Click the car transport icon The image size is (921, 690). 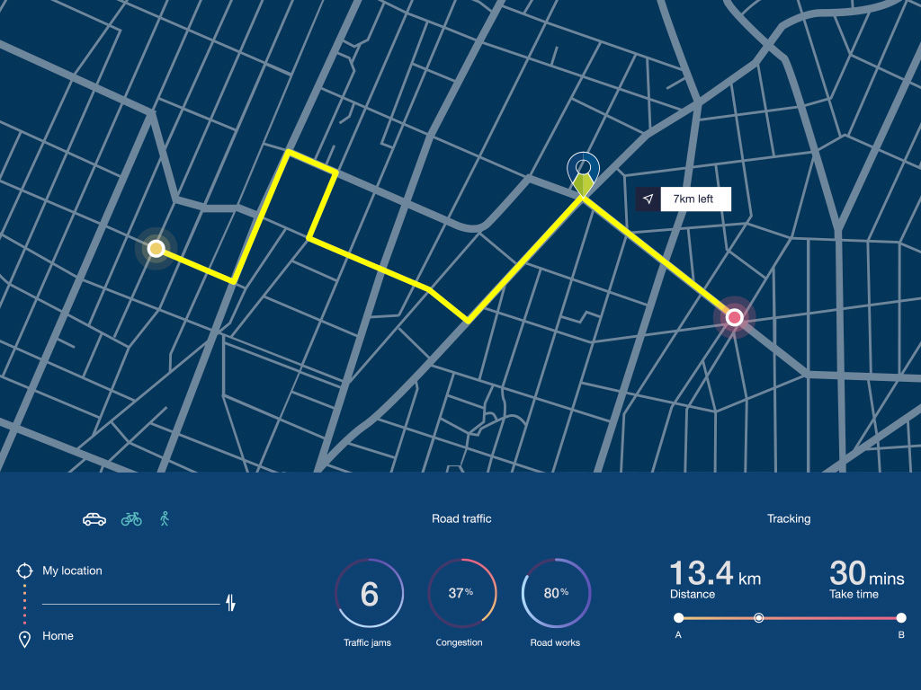94,519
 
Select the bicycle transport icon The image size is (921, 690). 131,518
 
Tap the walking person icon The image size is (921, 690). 165,518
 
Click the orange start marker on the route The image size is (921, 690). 156,248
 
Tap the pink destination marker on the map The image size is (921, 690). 734,316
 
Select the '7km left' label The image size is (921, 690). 694,199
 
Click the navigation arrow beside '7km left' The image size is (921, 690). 648,199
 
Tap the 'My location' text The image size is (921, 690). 72,571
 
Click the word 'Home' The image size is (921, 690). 58,636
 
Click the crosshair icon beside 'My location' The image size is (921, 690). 24,571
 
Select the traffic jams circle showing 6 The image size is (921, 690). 369,593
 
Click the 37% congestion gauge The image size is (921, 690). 462,593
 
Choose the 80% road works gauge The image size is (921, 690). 556,593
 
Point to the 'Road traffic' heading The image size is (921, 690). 461,518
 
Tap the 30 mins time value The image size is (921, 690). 847,573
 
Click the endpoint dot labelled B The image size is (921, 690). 900,617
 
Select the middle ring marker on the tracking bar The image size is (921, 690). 758,617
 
